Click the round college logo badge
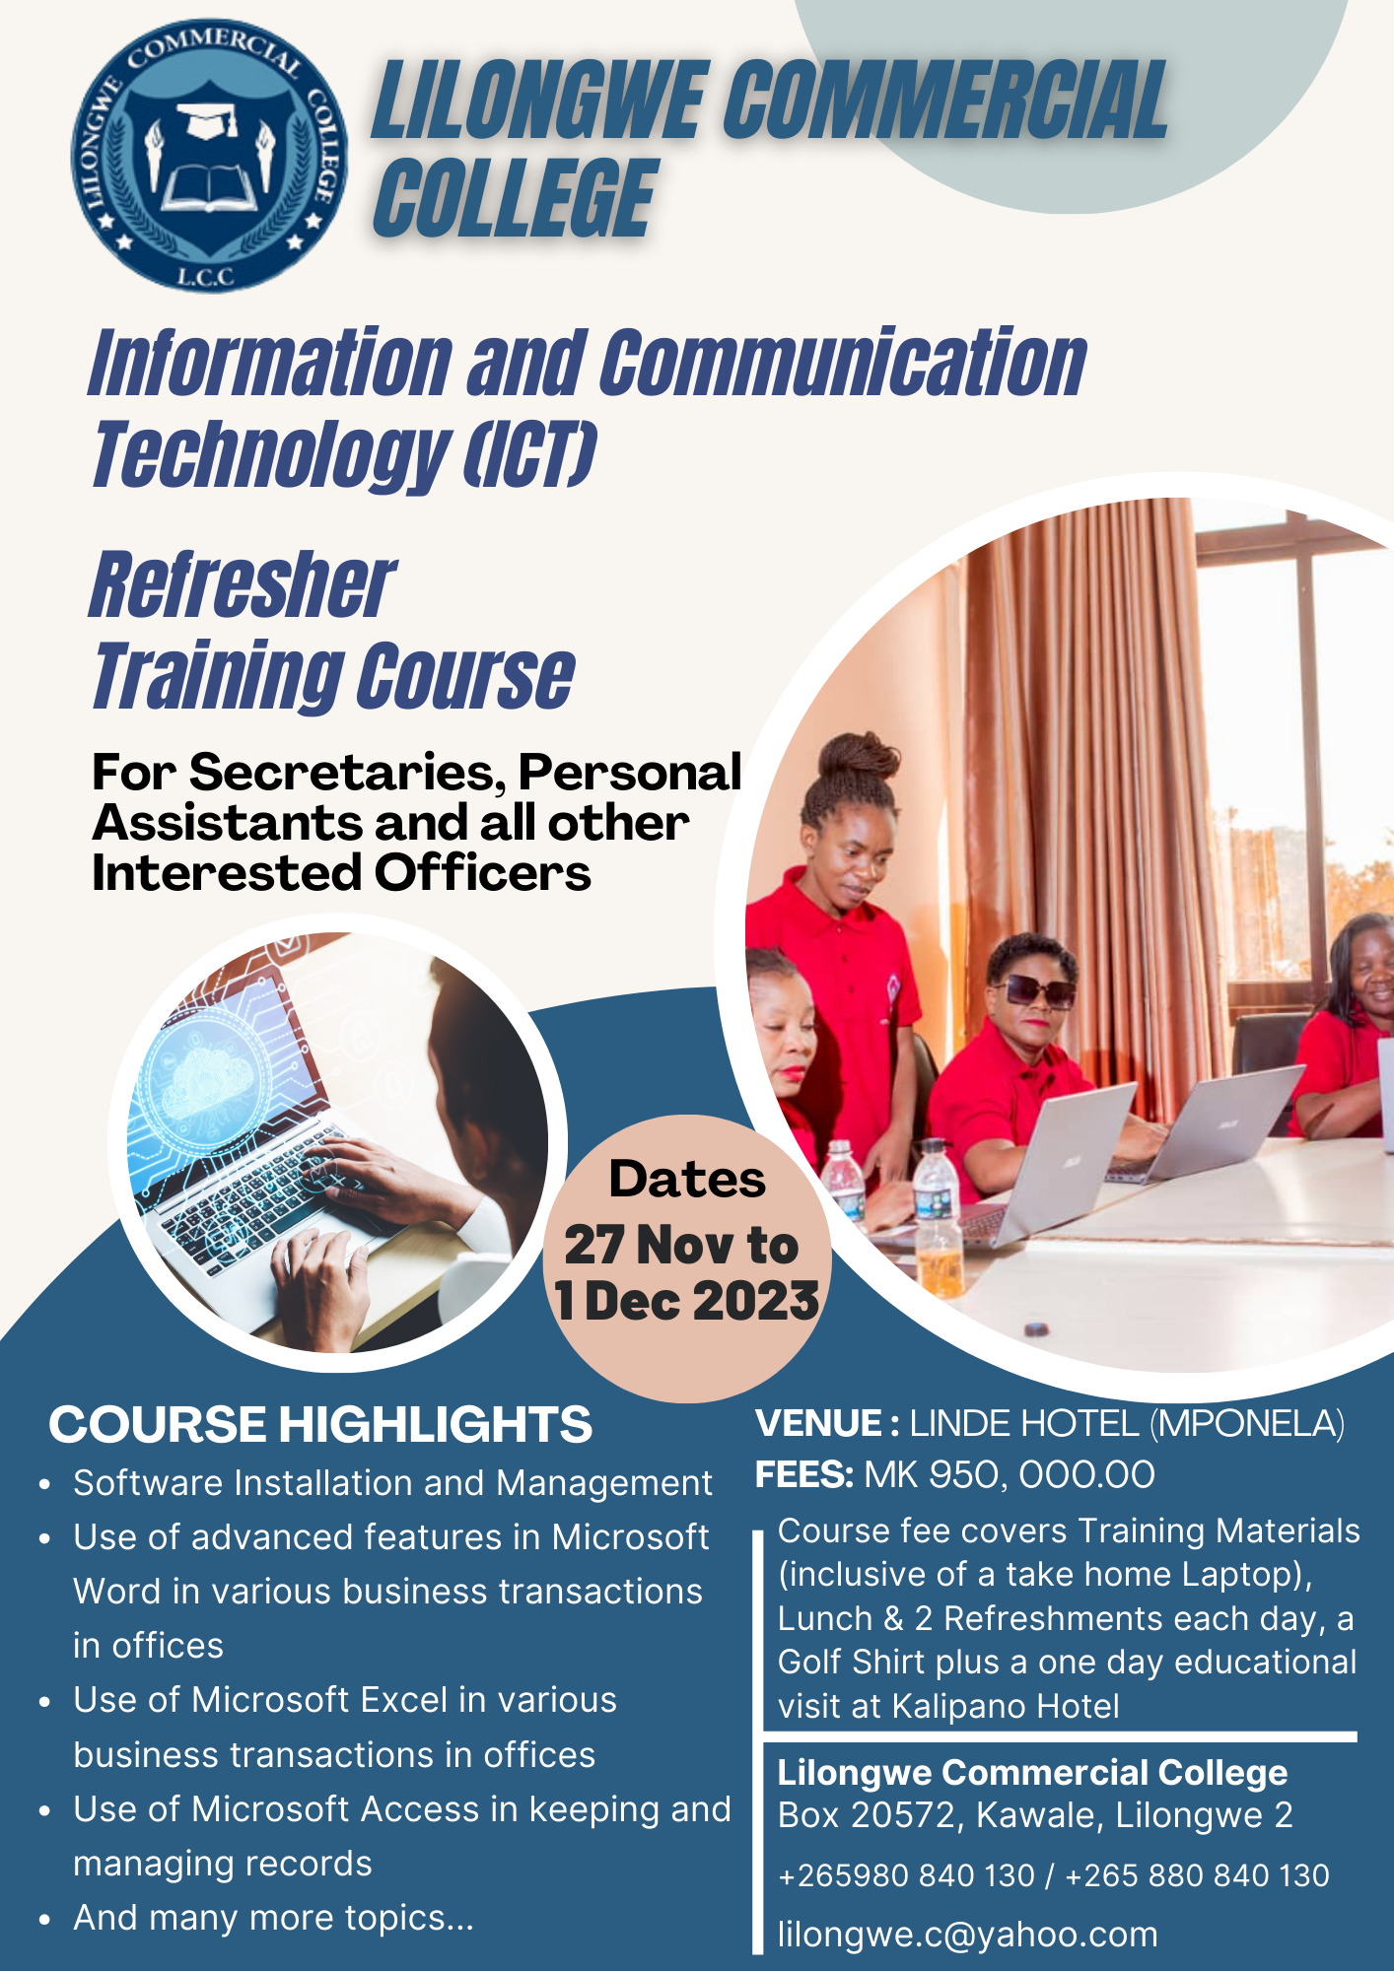(209, 156)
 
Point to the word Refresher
(243, 585)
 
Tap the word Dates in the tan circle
(687, 1179)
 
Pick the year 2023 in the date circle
(756, 1301)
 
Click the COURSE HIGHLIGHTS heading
(320, 1424)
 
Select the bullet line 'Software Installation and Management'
(392, 1483)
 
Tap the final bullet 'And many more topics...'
(273, 1918)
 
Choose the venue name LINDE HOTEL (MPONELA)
(1127, 1423)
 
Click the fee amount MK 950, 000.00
(1010, 1475)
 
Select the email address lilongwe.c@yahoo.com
(967, 1935)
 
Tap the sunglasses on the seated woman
(1033, 990)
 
